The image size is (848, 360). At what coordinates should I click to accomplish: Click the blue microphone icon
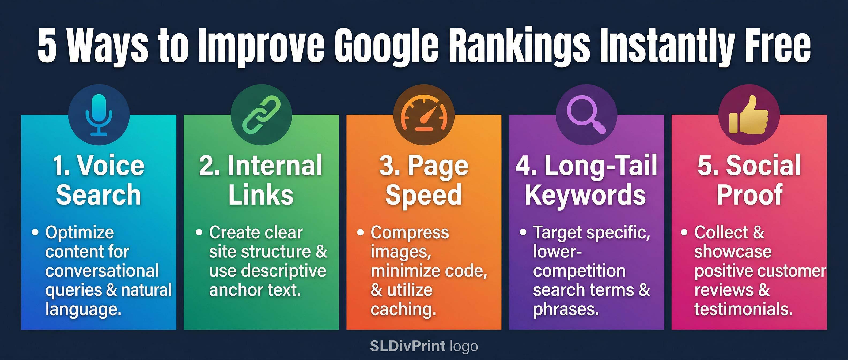(99, 114)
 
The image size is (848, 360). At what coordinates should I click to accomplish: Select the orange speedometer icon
(424, 114)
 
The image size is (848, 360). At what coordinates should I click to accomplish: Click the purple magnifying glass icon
(586, 114)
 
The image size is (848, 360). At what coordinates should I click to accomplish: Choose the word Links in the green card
(261, 195)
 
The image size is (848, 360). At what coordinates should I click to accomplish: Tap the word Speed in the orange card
(424, 195)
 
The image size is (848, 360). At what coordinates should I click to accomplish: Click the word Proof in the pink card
(749, 195)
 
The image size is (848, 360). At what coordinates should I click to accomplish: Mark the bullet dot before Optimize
(35, 232)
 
